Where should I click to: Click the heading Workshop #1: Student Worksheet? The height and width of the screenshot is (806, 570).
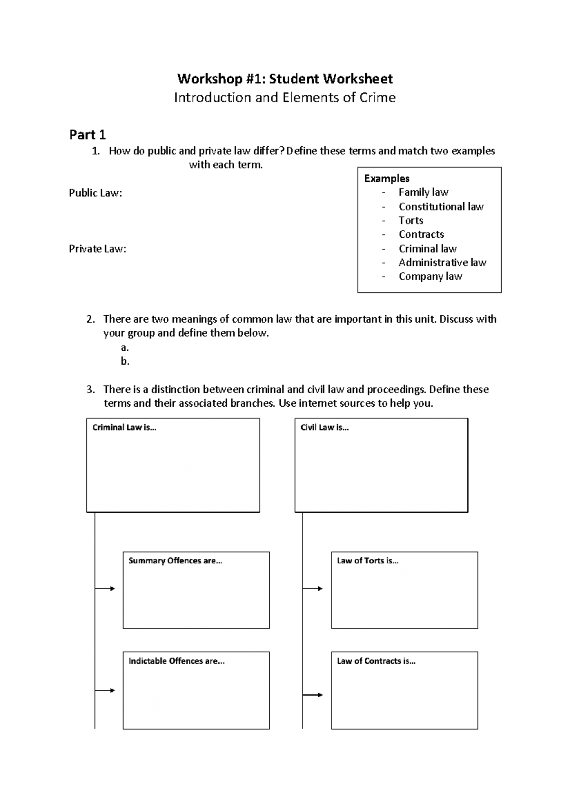(x=285, y=78)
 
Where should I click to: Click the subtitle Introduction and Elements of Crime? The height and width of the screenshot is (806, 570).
(x=285, y=98)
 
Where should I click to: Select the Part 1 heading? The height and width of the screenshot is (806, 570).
(x=87, y=135)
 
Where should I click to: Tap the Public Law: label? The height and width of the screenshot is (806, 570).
(x=95, y=193)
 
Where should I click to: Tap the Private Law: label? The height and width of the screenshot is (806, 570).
(x=97, y=249)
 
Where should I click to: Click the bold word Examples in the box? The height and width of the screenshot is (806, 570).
(x=387, y=178)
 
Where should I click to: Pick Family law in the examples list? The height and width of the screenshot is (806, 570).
(x=423, y=192)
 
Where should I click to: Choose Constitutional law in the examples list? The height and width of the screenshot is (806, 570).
(x=441, y=206)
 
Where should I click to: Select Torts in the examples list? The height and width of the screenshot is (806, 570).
(x=411, y=220)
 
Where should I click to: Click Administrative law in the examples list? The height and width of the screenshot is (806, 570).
(x=442, y=262)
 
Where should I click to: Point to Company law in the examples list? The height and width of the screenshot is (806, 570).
(x=430, y=276)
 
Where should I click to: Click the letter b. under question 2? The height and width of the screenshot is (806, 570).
(x=125, y=361)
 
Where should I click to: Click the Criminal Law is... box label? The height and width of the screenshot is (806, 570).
(x=124, y=427)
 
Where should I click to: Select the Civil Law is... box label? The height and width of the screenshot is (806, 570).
(x=324, y=427)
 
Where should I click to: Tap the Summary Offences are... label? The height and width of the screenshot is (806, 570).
(x=175, y=561)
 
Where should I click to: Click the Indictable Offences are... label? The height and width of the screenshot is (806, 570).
(x=176, y=661)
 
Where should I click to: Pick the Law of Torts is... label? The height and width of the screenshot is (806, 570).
(x=367, y=561)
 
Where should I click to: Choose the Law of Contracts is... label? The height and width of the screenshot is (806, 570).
(x=376, y=661)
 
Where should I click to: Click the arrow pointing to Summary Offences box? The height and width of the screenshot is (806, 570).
(x=105, y=589)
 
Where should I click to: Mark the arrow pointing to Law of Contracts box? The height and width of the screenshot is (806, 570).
(x=313, y=695)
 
